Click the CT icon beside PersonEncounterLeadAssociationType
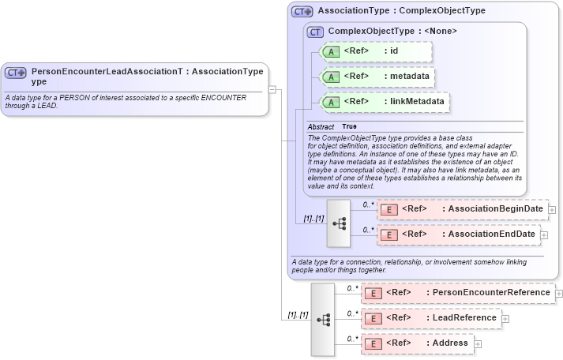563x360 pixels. pos(17,73)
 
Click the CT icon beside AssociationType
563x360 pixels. pos(302,12)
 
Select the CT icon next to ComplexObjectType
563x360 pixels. pos(316,32)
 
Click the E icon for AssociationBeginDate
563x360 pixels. pos(388,209)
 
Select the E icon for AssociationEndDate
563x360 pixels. pos(388,234)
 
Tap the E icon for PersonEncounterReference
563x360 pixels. pos(373,293)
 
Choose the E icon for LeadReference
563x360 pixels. pos(373,318)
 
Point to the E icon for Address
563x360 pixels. pos(373,343)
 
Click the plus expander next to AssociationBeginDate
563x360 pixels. pos(552,210)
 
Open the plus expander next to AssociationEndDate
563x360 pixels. pos(544,235)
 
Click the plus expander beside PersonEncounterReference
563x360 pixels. pos(559,293)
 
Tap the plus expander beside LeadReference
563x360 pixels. pos(505,318)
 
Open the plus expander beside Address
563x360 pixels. pos(477,344)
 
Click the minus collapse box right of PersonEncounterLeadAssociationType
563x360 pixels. pos(272,89)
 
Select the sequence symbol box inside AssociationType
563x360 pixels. pos(339,223)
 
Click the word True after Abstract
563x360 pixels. pos(349,126)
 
